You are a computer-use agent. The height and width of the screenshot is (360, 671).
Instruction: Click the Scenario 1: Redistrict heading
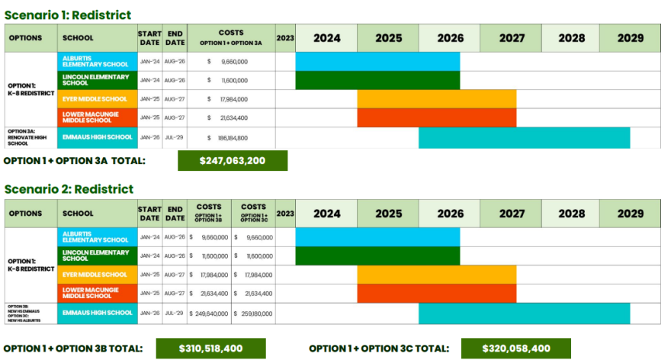[68, 14]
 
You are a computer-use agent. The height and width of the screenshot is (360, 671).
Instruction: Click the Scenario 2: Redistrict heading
[69, 188]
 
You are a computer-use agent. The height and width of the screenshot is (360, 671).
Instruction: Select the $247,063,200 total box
[232, 161]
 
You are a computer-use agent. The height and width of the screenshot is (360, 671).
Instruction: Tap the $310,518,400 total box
[210, 349]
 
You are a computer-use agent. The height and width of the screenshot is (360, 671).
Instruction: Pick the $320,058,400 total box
[515, 349]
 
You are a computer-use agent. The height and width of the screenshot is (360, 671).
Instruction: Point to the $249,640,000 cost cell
[208, 313]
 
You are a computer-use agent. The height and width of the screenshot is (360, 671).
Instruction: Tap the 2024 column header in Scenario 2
[326, 214]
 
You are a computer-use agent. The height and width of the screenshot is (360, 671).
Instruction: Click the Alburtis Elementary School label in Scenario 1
[97, 61]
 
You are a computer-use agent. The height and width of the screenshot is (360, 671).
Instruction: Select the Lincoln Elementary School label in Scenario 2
[97, 256]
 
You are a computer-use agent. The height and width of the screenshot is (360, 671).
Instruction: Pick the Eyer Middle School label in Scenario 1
[97, 99]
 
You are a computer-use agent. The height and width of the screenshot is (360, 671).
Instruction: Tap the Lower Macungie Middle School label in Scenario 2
[97, 293]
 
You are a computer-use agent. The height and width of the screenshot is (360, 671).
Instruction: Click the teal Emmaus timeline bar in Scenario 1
[524, 138]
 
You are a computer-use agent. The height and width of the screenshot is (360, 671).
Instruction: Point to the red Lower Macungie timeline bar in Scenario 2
[436, 293]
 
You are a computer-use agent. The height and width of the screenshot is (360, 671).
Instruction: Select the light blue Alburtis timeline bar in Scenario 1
[377, 61]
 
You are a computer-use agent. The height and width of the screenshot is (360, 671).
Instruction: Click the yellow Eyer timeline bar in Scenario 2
[436, 275]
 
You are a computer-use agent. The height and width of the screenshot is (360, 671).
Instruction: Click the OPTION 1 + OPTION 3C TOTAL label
[379, 349]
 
